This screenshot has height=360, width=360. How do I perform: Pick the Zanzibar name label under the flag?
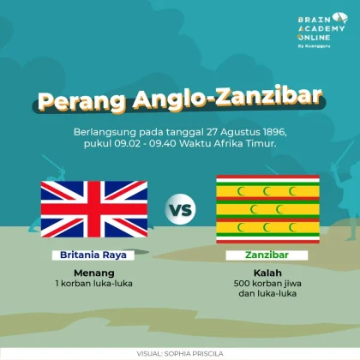pos(267,255)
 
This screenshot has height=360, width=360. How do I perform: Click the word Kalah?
pos(267,273)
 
